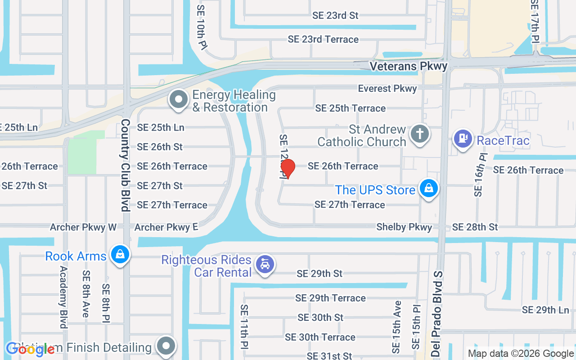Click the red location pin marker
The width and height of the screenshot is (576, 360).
pos(288,168)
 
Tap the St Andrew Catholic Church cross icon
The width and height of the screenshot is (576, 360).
pos(419,134)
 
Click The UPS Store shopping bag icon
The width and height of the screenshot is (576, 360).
pos(429,189)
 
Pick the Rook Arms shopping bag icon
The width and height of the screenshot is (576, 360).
pos(120,255)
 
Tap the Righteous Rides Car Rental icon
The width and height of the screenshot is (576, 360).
pos(265,265)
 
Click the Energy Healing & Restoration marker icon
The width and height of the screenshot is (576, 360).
pos(179,99)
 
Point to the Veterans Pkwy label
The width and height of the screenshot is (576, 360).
pos(409,66)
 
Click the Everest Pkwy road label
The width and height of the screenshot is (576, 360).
pos(387,89)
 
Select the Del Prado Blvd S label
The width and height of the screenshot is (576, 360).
pos(437,314)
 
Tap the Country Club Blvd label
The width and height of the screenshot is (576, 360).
pos(125,165)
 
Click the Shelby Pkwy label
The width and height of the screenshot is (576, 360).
pos(404,227)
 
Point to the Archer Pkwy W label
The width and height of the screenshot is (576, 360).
pos(83,227)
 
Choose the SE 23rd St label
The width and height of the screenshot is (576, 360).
pos(335,15)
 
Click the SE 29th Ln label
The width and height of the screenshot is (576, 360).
pos(545,310)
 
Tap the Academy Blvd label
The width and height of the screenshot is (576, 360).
pos(63,297)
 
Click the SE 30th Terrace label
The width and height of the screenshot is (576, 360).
pos(320,337)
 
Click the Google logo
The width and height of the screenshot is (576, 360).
pos(30,350)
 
